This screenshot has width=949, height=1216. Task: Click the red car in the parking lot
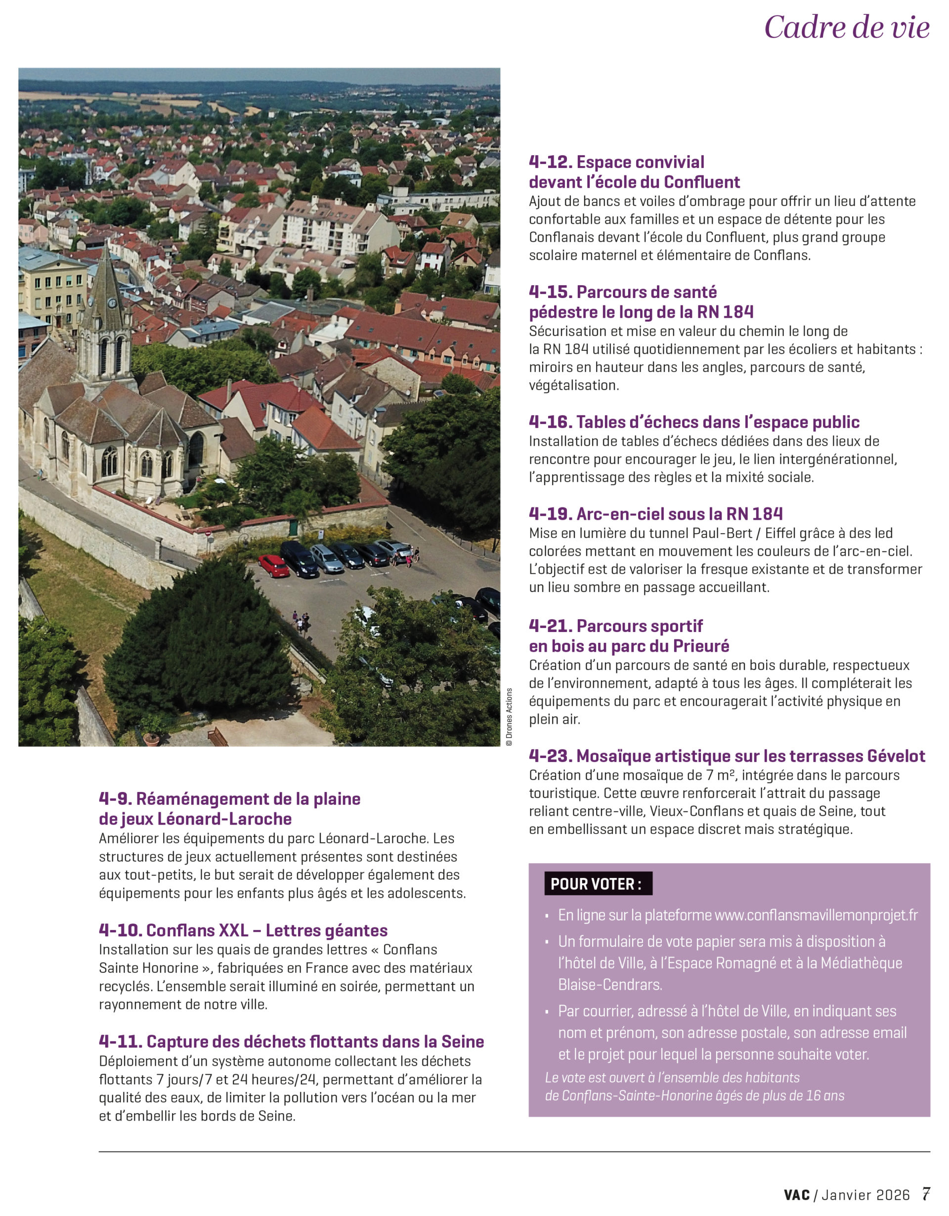273,566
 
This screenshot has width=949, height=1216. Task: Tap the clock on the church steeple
112,303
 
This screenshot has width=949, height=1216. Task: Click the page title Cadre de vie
847,27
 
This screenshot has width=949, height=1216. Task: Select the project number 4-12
550,162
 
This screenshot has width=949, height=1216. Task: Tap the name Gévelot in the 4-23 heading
896,755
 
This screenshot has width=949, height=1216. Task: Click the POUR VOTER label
598,883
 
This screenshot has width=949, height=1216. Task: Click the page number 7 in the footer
926,1194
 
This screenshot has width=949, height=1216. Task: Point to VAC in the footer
797,1195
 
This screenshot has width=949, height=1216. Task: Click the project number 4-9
115,799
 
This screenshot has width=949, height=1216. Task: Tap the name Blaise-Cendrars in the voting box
610,984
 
